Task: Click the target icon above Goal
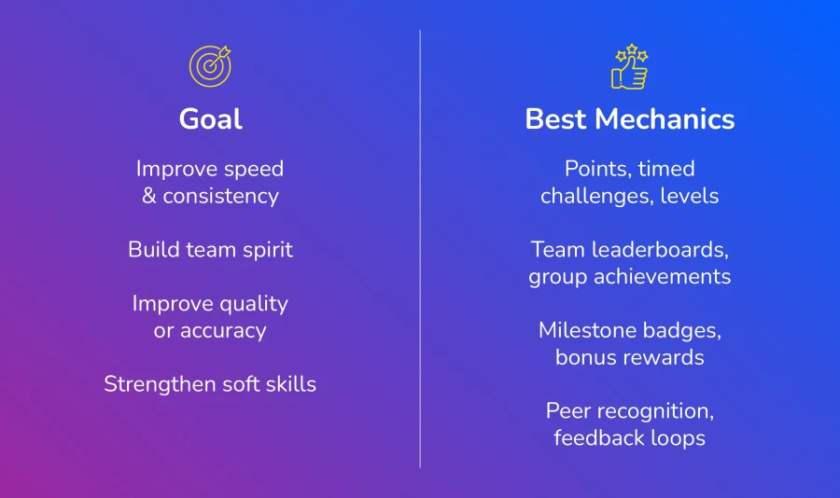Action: [210, 66]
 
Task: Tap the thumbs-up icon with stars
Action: [629, 66]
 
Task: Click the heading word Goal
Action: [211, 118]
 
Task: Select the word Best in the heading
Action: [555, 118]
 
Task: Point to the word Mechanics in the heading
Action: [665, 118]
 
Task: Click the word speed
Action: [253, 170]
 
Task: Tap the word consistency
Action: [220, 197]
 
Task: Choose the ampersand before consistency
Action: [149, 196]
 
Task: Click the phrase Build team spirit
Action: [211, 250]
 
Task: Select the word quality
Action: [253, 304]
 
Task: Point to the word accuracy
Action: [223, 331]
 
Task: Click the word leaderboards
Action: [660, 250]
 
